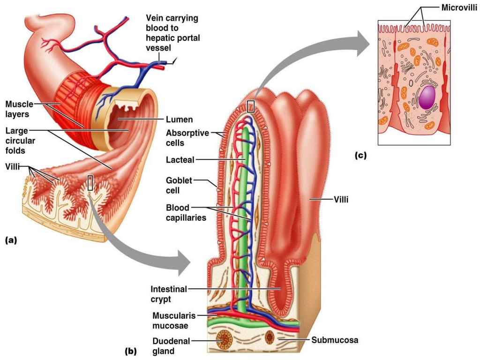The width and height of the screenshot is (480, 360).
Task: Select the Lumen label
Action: (180, 120)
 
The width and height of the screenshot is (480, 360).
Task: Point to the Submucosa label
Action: (334, 339)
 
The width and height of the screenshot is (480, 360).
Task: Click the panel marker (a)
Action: (10, 240)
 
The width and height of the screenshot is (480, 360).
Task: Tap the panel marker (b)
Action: (130, 350)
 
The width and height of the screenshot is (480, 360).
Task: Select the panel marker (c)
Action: (360, 155)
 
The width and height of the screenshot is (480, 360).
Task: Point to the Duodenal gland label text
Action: (170, 346)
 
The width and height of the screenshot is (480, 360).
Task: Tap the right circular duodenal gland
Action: (270, 337)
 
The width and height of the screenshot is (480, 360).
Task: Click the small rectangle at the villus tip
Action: (251, 106)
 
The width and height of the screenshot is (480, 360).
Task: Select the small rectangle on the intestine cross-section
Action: (91, 182)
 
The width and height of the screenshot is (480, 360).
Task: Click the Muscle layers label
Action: (19, 108)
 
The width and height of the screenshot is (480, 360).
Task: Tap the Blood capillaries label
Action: (186, 212)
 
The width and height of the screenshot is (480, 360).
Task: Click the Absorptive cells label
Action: (187, 138)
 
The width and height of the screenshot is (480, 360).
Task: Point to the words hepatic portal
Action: (173, 38)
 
